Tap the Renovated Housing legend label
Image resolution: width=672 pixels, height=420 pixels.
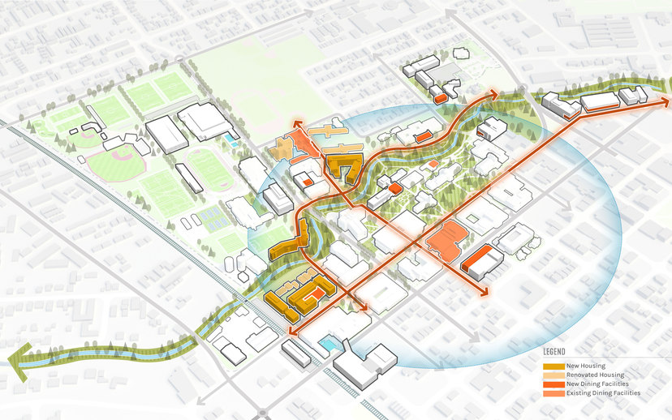click(596, 375)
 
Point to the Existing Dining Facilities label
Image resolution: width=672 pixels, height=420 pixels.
click(604, 393)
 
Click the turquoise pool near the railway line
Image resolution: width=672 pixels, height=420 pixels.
click(328, 344)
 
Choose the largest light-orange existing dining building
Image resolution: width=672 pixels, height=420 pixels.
click(446, 240)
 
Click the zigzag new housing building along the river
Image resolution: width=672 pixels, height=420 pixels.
click(291, 243)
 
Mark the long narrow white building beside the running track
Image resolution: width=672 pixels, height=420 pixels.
click(187, 178)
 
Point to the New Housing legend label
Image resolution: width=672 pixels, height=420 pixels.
click(586, 366)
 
